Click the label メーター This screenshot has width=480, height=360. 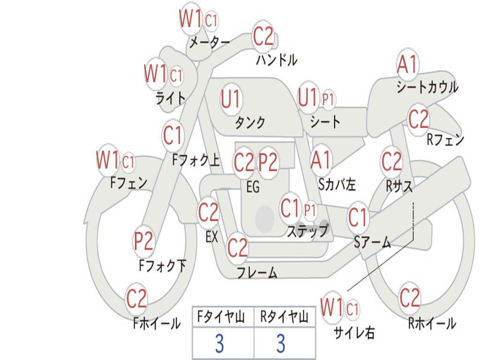click(x=209, y=43)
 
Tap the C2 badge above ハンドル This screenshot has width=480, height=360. click(x=263, y=36)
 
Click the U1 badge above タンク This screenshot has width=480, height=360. click(x=231, y=99)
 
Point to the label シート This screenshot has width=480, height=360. click(x=325, y=122)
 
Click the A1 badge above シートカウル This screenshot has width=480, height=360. click(x=407, y=65)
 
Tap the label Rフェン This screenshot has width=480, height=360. click(x=445, y=140)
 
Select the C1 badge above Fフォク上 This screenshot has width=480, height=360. click(x=173, y=135)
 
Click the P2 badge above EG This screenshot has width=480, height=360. click(x=268, y=162)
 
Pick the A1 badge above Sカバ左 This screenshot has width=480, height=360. click(x=321, y=159)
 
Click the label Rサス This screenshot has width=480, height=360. click(x=399, y=186)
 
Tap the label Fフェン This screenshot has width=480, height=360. click(x=128, y=182)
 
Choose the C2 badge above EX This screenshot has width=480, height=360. click(x=209, y=213)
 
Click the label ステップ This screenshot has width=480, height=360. click(x=307, y=231)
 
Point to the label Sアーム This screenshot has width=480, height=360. click(x=372, y=242)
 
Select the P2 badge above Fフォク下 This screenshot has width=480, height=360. click(x=143, y=241)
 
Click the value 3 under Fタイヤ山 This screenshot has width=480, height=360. click(x=219, y=344)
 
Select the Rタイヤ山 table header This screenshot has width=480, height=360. click(x=284, y=318)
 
